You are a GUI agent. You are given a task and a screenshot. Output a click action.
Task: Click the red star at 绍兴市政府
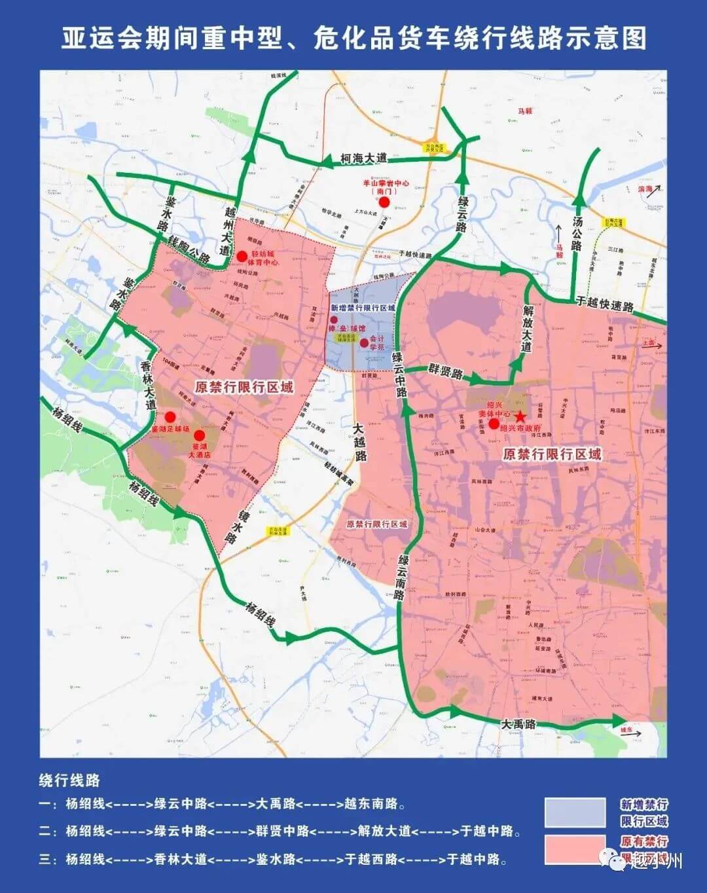click(x=520, y=416)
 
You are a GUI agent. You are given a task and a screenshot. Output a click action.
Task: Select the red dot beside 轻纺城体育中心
click(x=242, y=256)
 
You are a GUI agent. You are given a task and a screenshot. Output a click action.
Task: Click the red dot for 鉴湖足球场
click(x=170, y=417)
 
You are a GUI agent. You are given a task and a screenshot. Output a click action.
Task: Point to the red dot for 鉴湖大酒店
click(x=200, y=435)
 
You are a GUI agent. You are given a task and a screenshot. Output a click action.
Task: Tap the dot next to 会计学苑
click(x=364, y=342)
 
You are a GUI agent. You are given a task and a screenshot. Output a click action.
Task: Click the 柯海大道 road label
click(x=364, y=158)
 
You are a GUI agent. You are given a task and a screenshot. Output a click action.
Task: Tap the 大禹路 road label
click(x=518, y=724)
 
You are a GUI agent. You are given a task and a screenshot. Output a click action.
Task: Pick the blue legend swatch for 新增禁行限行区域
click(x=575, y=812)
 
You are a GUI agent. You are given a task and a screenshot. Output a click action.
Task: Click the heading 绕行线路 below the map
click(x=70, y=780)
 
